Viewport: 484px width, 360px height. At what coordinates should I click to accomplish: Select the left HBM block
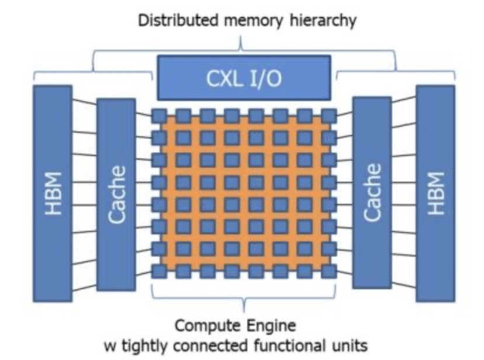point(53,193)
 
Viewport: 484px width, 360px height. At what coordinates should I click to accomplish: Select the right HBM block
point(435,193)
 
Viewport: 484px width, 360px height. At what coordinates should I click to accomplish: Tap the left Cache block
point(116,194)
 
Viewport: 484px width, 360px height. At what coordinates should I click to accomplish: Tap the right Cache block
point(372,194)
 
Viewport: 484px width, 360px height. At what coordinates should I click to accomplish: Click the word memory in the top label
point(244,22)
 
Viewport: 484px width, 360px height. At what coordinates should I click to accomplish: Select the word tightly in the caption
point(158,345)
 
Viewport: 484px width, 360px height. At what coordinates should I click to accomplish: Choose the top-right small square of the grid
point(329,116)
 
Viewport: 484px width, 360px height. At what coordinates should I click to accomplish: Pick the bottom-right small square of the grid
point(329,272)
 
